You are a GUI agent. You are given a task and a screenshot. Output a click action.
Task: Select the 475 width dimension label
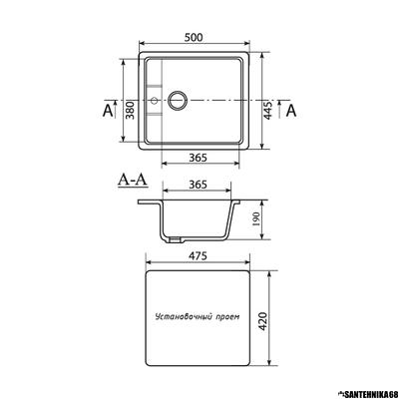click(x=196, y=256)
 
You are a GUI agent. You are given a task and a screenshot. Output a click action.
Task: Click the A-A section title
click(x=133, y=181)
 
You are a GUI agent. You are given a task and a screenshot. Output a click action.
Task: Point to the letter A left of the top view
click(x=107, y=111)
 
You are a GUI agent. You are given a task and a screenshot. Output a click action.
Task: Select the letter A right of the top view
click(x=290, y=111)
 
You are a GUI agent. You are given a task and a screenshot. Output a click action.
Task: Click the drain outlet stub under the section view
click(x=176, y=240)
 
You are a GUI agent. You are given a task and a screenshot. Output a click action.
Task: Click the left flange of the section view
click(x=149, y=203)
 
